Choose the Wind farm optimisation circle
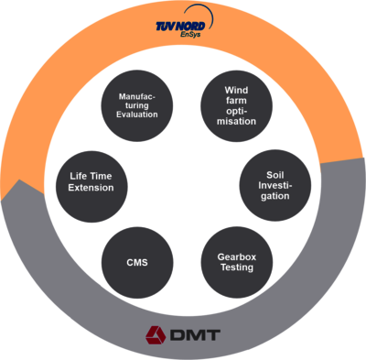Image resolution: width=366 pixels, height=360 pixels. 236,106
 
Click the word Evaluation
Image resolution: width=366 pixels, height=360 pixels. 137,115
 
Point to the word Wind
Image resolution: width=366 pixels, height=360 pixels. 237,89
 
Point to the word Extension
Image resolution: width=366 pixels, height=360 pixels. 91,187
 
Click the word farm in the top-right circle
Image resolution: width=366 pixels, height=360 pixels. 237,101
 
